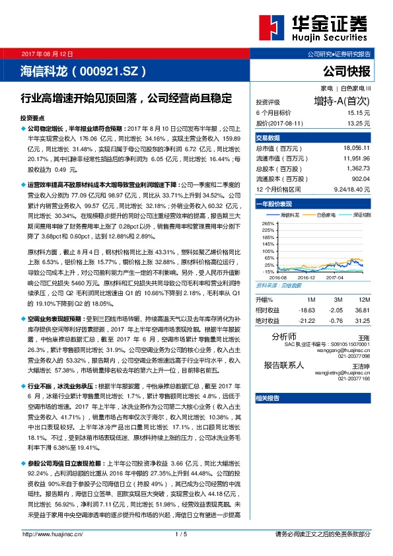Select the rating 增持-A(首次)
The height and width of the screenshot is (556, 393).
(342, 102)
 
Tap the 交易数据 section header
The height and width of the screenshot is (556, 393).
(268, 138)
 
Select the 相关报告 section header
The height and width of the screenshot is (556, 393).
(268, 398)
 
